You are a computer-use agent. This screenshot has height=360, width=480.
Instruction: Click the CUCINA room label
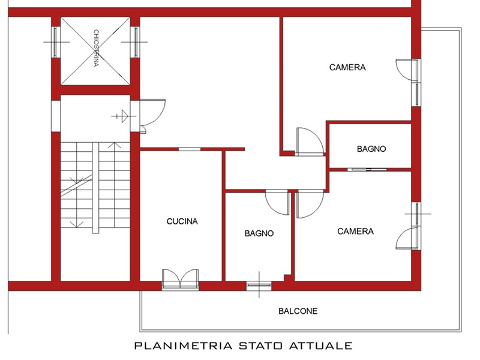click(x=182, y=221)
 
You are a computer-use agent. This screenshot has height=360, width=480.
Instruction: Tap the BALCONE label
click(x=298, y=311)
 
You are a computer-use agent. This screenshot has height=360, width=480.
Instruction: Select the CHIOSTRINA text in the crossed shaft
click(x=96, y=48)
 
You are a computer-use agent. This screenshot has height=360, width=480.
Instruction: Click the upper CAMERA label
click(x=347, y=67)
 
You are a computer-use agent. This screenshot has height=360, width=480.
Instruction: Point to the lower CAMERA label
click(x=355, y=231)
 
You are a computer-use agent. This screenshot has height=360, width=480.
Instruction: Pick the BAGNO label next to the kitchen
click(x=259, y=233)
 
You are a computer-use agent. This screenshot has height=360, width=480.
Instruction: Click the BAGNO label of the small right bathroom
click(x=371, y=149)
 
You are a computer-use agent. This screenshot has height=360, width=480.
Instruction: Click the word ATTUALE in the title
click(x=321, y=346)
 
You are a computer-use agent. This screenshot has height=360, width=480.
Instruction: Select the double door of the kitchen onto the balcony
click(x=181, y=279)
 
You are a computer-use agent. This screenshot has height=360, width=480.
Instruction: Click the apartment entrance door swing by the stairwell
click(x=153, y=115)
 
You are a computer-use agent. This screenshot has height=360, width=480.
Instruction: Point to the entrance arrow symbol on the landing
click(x=124, y=116)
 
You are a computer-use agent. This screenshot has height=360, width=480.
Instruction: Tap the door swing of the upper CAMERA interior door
click(x=310, y=142)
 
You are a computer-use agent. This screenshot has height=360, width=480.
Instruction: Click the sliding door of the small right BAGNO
click(x=367, y=169)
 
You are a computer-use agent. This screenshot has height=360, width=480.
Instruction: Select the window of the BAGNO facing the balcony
click(x=259, y=286)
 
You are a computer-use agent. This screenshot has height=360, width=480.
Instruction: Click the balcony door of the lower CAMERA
click(x=408, y=238)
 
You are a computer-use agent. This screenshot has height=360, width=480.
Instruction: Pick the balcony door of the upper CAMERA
click(x=408, y=70)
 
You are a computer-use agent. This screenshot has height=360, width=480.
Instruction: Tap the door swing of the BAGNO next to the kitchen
click(x=277, y=202)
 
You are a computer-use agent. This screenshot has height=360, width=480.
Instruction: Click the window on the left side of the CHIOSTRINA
click(x=55, y=42)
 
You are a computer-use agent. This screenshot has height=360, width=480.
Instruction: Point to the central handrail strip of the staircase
click(x=95, y=188)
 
